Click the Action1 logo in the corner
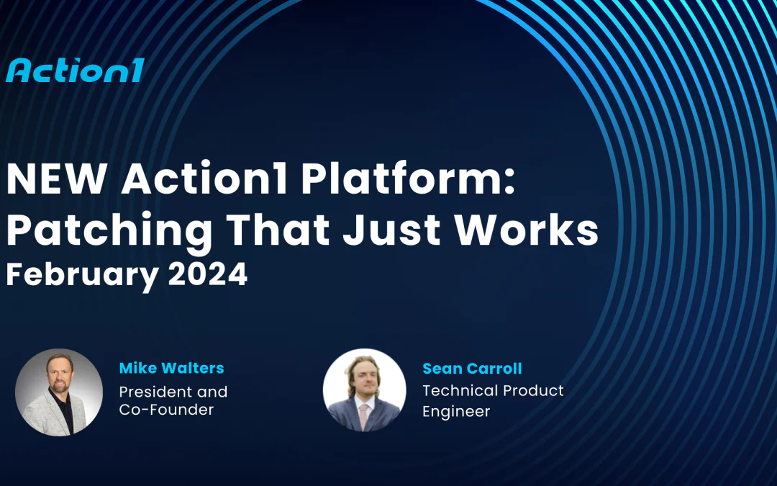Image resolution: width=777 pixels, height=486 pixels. tap(75, 71)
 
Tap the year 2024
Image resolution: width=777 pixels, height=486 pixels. tap(208, 274)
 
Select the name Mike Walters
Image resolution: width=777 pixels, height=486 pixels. tap(171, 368)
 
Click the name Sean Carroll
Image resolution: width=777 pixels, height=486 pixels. tap(472, 369)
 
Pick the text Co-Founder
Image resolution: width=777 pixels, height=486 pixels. tap(166, 410)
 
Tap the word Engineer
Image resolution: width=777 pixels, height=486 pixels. tap(456, 411)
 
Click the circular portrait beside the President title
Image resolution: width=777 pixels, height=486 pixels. tap(59, 392)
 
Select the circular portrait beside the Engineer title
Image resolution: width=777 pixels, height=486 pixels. tap(364, 390)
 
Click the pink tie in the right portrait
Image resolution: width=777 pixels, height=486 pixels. tap(364, 414)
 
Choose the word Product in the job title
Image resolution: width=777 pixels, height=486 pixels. tap(533, 390)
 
